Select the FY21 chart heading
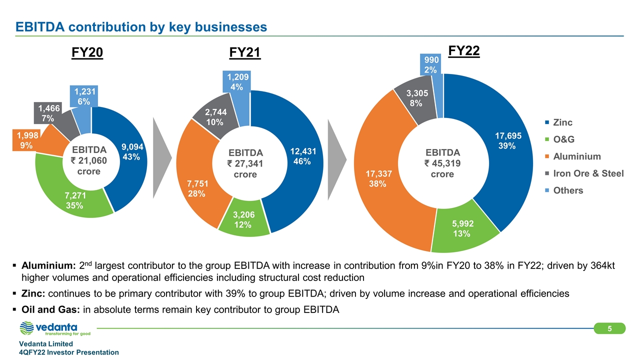tap(245, 53)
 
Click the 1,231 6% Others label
tap(83, 96)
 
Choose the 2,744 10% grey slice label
tap(214, 117)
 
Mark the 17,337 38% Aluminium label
tap(378, 178)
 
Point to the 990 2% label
tap(431, 65)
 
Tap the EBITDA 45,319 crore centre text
tap(442, 163)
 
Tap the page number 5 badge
tap(609, 328)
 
